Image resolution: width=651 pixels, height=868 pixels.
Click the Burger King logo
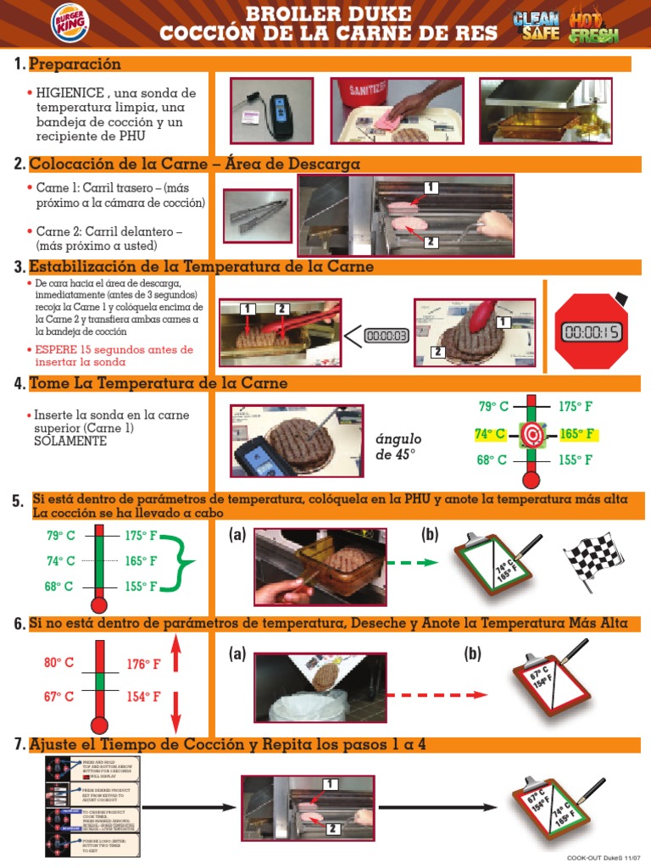click(x=44, y=24)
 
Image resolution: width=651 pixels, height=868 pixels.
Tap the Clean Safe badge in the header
click(x=536, y=25)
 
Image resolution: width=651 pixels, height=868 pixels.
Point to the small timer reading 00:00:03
click(x=387, y=336)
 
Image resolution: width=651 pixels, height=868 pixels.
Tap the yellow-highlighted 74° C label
click(x=491, y=434)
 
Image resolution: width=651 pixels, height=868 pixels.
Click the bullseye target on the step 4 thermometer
click(x=532, y=435)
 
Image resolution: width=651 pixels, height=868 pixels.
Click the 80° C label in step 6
click(x=59, y=664)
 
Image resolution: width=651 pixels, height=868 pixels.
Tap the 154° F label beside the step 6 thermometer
click(x=144, y=696)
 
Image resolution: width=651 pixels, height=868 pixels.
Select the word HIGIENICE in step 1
click(x=69, y=92)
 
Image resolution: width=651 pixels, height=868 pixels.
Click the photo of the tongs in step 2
click(x=256, y=214)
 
